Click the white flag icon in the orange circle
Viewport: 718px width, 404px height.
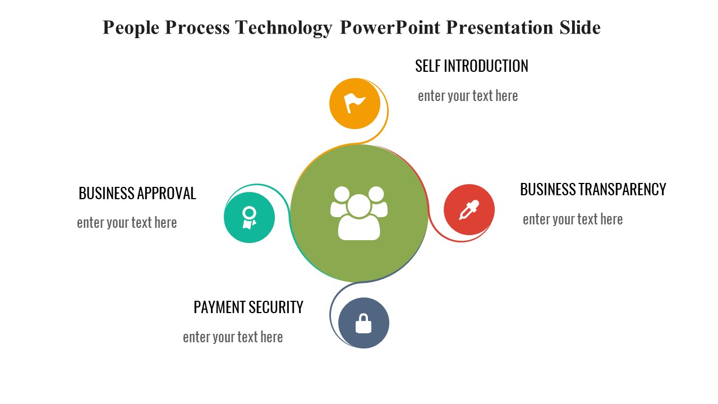[x=355, y=103]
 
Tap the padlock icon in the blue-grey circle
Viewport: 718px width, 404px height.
[x=363, y=323]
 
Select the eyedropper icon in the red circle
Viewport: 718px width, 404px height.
[x=469, y=210]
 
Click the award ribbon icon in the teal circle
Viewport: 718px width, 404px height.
[x=249, y=217]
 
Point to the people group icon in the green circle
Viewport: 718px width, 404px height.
[x=359, y=213]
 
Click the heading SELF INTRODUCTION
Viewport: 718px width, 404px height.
[x=471, y=66]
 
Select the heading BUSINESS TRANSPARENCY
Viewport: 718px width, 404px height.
[x=593, y=190]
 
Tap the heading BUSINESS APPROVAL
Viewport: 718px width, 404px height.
[x=137, y=194]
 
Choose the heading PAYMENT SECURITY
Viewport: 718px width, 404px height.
[x=248, y=307]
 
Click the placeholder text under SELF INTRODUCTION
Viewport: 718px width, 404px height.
[x=468, y=96]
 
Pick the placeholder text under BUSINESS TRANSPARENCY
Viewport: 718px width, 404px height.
[x=573, y=219]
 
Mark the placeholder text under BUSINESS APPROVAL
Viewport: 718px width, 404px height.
[x=127, y=223]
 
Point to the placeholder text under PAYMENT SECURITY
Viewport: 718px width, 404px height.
[x=233, y=337]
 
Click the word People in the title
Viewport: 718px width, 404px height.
[x=131, y=27]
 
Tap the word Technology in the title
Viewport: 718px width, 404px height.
[x=283, y=27]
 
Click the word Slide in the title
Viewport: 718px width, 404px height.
[x=580, y=27]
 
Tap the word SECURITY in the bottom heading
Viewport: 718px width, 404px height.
[x=275, y=307]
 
